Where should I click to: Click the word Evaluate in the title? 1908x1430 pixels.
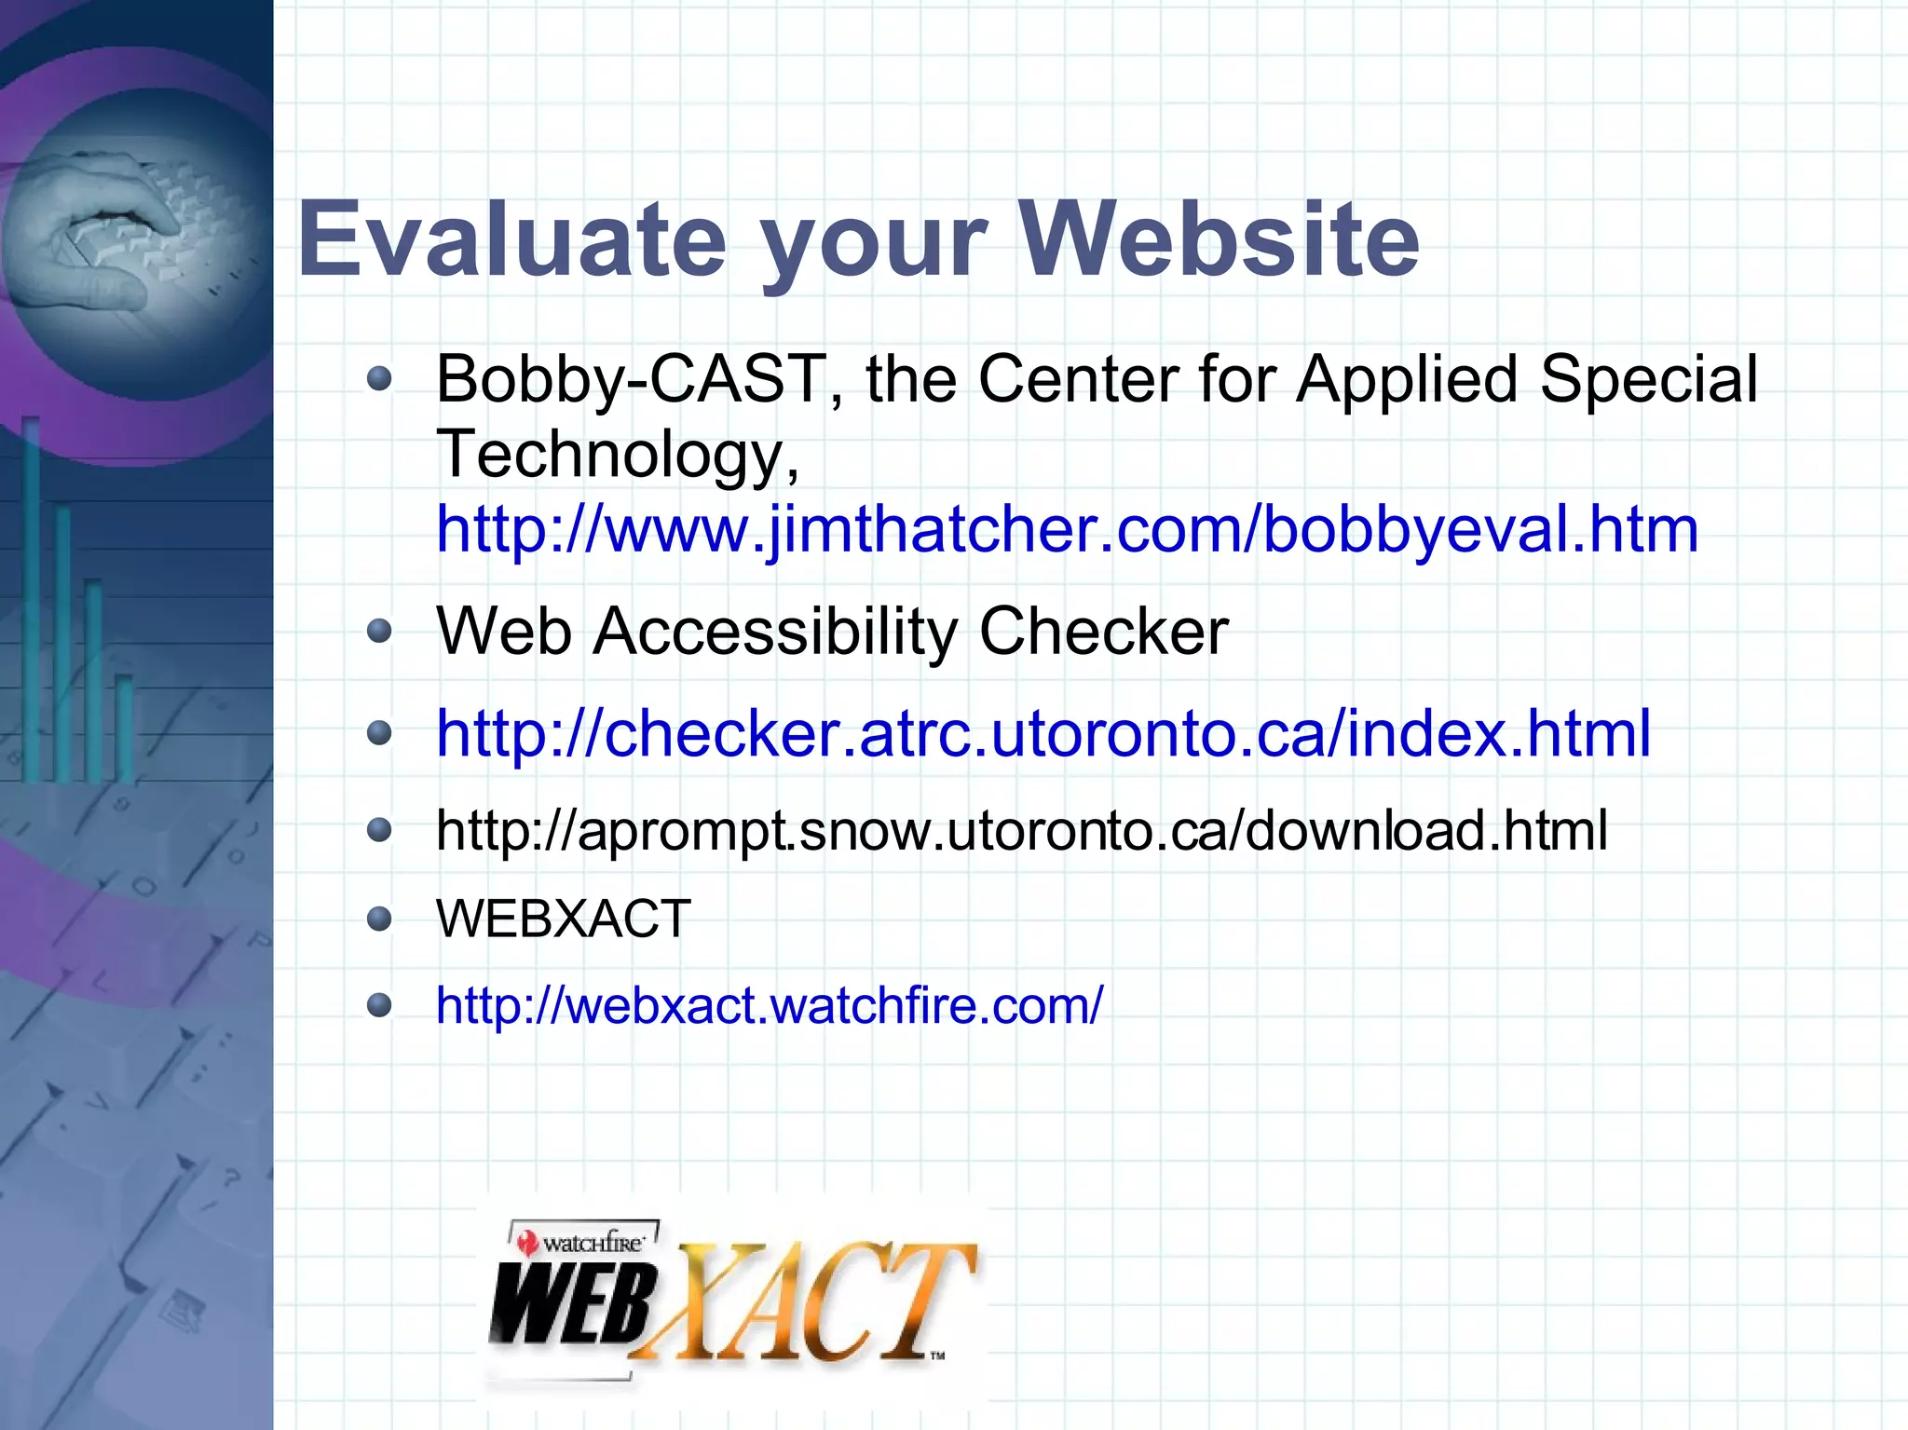pos(511,240)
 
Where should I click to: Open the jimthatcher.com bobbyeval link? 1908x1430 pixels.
pos(1067,529)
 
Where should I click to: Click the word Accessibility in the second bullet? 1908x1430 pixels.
pos(775,633)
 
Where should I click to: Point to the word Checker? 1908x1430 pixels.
pos(1103,633)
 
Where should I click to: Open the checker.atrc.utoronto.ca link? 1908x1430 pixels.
pos(1043,733)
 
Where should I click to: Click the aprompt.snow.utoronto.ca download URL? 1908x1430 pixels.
pos(1021,830)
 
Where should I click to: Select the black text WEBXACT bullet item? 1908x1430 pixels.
pos(564,919)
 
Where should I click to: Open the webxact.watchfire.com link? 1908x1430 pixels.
pos(770,1006)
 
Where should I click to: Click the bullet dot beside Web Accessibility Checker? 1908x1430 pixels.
pos(379,633)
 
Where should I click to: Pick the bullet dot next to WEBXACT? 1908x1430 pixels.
pos(379,920)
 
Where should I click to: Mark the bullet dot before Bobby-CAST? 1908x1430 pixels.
pos(379,379)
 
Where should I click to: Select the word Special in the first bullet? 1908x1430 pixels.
pos(1648,380)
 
